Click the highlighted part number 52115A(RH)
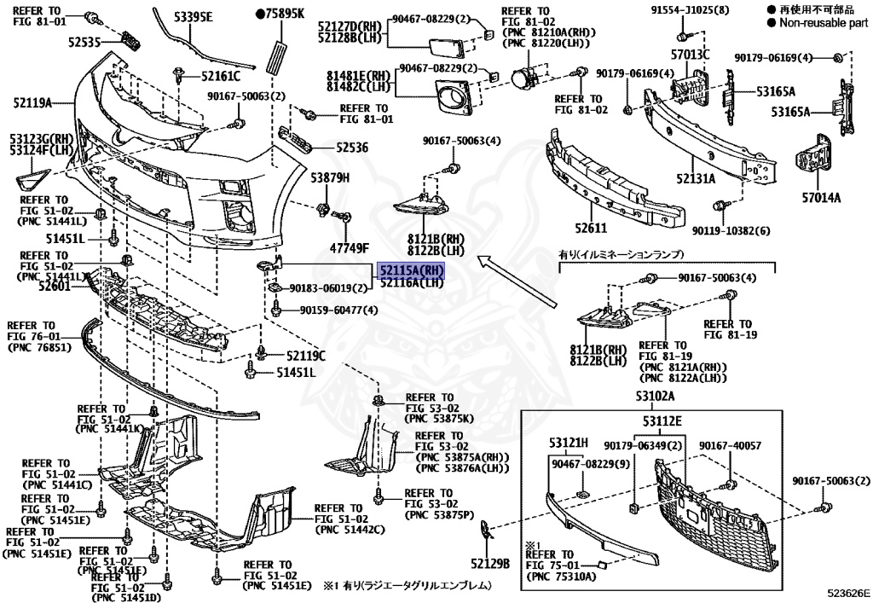pyautogui.click(x=412, y=270)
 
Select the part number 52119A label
pyautogui.click(x=32, y=102)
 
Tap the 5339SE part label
pyautogui.click(x=193, y=17)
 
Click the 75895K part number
pyautogui.click(x=280, y=14)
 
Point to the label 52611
pyautogui.click(x=591, y=228)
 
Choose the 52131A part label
pyautogui.click(x=696, y=178)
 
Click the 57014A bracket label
pyautogui.click(x=821, y=197)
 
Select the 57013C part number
pyautogui.click(x=690, y=54)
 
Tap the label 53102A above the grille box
pyautogui.click(x=656, y=397)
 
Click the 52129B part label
pyautogui.click(x=490, y=564)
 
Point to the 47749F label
pyautogui.click(x=349, y=248)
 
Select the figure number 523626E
pyautogui.click(x=848, y=594)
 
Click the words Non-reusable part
pyautogui.click(x=824, y=23)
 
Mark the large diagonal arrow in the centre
pyautogui.click(x=517, y=281)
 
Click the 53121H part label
pyautogui.click(x=568, y=443)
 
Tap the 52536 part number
pyautogui.click(x=352, y=148)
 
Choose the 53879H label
pyautogui.click(x=330, y=178)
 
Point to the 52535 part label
pyautogui.click(x=84, y=42)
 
